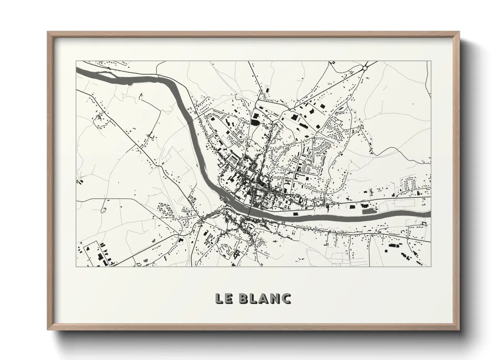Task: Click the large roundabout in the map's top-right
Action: (x=365, y=68)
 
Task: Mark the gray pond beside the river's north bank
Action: (x=367, y=211)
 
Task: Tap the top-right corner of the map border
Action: (x=431, y=61)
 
